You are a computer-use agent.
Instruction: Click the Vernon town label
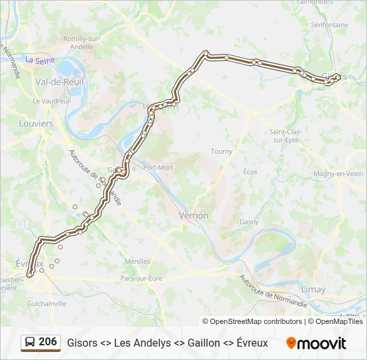[194, 215]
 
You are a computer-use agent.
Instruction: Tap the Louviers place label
[36, 124]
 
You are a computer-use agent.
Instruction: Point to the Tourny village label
[222, 151]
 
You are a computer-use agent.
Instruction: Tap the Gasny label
[249, 221]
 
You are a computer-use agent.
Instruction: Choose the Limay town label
[314, 289]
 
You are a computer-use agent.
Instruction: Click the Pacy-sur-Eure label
[141, 278]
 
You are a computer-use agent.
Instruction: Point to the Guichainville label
[47, 303]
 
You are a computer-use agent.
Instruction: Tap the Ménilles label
[137, 261]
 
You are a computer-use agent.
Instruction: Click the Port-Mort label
[157, 167]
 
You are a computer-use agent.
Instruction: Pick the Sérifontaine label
[329, 25]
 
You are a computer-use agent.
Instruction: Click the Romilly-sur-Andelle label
[81, 43]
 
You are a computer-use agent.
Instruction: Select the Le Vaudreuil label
[51, 101]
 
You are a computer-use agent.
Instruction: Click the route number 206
[47, 342]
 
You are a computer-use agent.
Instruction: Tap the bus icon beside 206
[30, 343]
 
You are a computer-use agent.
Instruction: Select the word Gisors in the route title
[81, 343]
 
